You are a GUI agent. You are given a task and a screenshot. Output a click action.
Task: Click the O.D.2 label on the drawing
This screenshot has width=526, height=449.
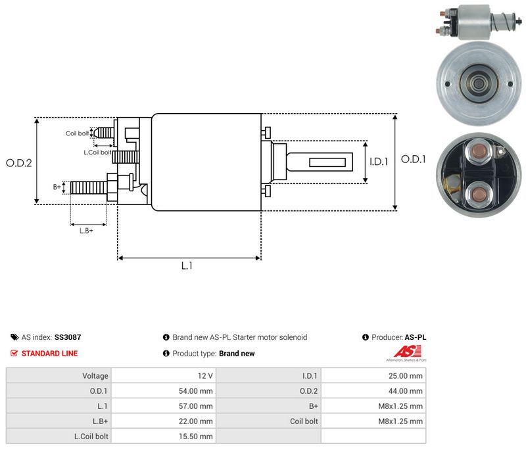[19, 163]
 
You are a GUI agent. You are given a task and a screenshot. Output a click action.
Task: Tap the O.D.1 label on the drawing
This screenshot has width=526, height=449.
[414, 159]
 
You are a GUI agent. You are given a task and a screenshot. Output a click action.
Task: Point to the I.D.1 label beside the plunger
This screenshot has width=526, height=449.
[379, 162]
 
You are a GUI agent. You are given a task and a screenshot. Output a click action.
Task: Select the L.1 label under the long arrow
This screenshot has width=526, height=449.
[187, 266]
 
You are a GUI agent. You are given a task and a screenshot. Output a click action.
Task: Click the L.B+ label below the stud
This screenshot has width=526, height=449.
[86, 231]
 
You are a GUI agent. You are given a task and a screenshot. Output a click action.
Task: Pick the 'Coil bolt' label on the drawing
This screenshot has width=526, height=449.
[77, 133]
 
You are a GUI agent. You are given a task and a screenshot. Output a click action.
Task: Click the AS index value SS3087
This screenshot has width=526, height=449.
[68, 337]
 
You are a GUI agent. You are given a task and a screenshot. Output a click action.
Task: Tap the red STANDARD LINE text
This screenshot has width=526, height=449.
[50, 354]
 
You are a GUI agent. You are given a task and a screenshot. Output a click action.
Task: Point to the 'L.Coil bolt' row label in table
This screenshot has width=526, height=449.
[91, 437]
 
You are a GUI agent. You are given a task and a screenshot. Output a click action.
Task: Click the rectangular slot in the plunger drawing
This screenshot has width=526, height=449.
[327, 162]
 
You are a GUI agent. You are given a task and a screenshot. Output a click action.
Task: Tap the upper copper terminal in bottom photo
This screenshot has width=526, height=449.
[479, 152]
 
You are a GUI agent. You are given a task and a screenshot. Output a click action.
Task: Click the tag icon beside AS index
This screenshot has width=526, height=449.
[14, 337]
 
